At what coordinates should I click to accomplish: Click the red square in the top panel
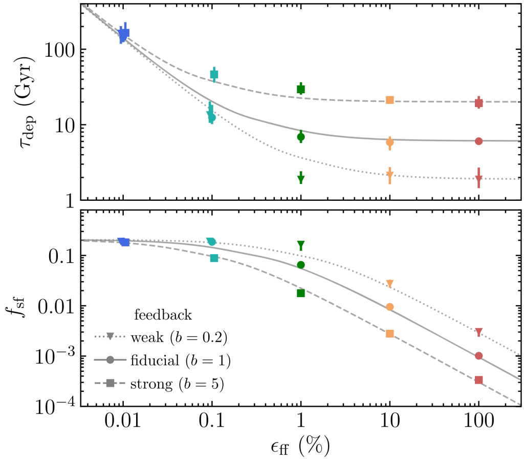(478, 103)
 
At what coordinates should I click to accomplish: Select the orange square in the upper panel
(390, 100)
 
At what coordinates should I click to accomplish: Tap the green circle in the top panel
(301, 137)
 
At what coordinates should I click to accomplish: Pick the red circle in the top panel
(478, 141)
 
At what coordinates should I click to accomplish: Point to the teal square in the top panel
(214, 75)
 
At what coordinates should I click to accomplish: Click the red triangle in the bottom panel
(478, 332)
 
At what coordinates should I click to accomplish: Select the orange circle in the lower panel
(390, 307)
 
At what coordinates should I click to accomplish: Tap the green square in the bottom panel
(301, 293)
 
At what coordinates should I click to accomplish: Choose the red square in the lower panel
(478, 380)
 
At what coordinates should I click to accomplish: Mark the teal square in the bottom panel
(214, 258)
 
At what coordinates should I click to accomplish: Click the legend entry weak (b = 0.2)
(161, 337)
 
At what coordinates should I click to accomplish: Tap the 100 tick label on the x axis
(478, 424)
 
